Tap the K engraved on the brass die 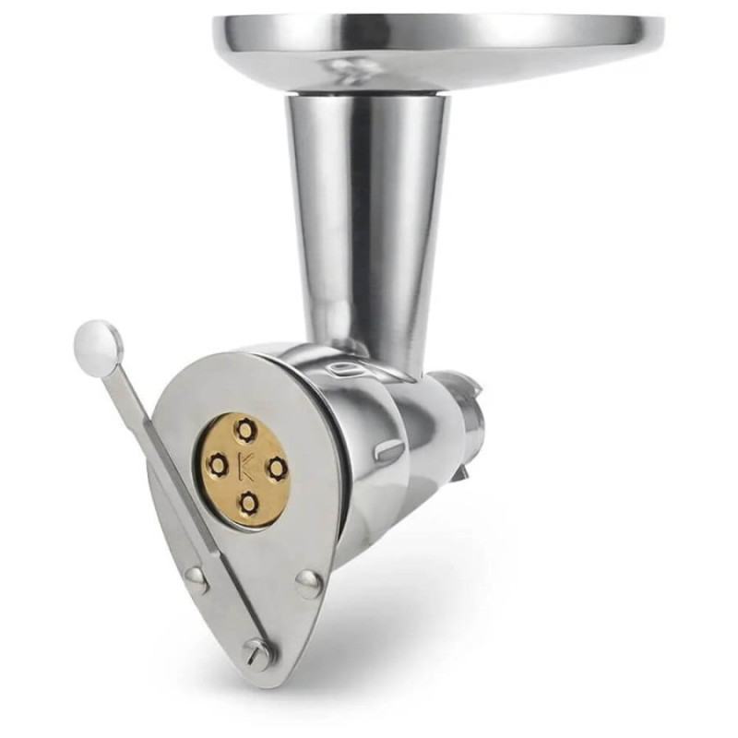245,468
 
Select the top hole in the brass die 244,430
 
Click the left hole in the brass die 219,466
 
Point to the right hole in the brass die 277,468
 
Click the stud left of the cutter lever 196,579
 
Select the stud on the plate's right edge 310,583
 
